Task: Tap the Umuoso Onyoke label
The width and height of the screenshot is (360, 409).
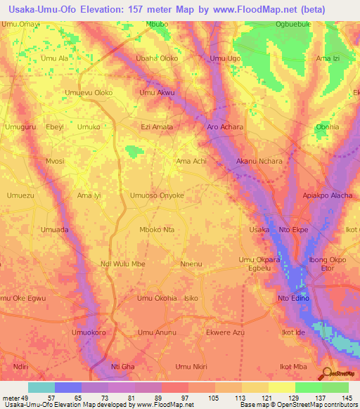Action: click(x=157, y=195)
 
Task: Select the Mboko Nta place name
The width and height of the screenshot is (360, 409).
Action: click(x=157, y=230)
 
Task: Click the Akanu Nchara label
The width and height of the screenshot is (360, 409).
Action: click(x=259, y=161)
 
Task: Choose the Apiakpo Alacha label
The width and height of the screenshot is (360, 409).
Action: click(x=327, y=195)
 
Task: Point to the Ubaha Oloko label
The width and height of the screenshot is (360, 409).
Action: click(x=157, y=58)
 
